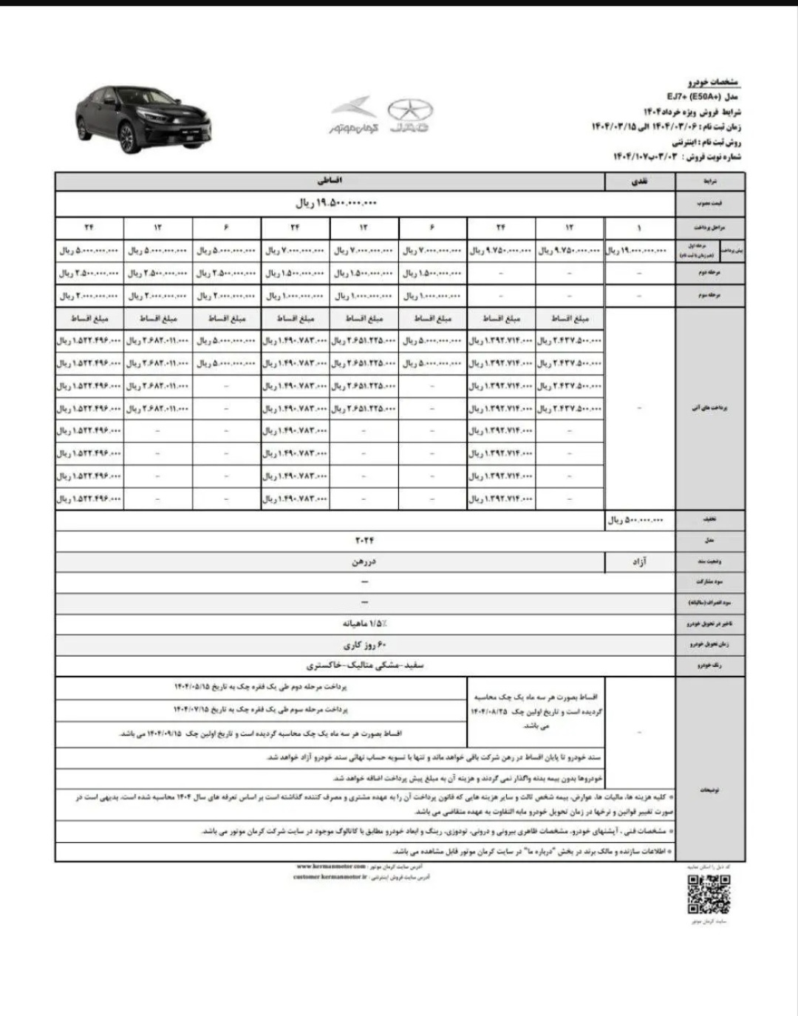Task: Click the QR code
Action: pos(709,893)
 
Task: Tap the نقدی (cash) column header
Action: pos(638,180)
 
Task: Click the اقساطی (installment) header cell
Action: pos(330,180)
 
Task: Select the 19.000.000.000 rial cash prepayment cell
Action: pos(637,251)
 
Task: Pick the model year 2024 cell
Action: pos(364,541)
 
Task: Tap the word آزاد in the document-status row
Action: pos(639,562)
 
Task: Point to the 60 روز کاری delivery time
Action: pos(364,645)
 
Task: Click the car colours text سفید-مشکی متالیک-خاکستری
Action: pos(365,666)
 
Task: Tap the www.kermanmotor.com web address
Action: pos(331,865)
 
